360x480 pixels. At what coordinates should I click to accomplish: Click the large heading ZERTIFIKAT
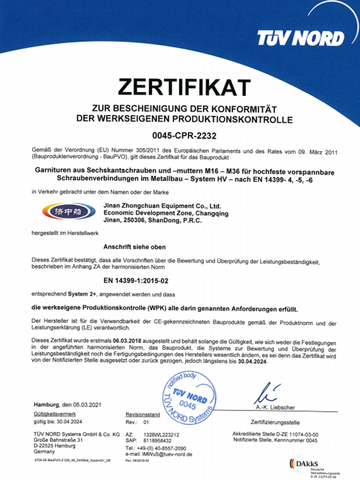click(180, 88)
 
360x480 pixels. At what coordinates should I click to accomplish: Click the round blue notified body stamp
click(188, 400)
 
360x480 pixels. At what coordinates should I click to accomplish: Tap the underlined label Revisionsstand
click(142, 415)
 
